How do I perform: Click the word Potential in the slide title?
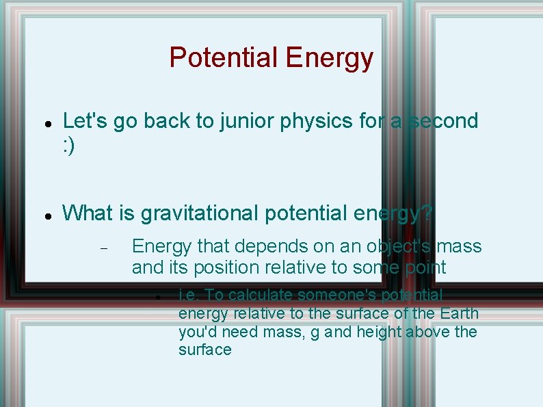224,58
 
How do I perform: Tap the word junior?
246,121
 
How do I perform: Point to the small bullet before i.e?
157,298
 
